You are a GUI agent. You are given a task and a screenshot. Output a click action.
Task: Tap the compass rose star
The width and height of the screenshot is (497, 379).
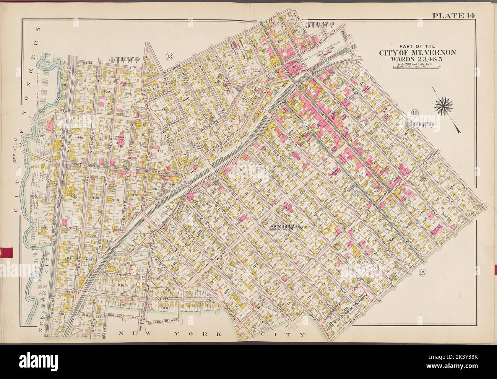tap(443, 103)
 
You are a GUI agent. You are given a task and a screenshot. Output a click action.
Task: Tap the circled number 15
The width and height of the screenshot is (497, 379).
tap(422, 273)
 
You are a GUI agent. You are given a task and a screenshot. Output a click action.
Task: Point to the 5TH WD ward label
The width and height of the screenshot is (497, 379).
tap(320, 25)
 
